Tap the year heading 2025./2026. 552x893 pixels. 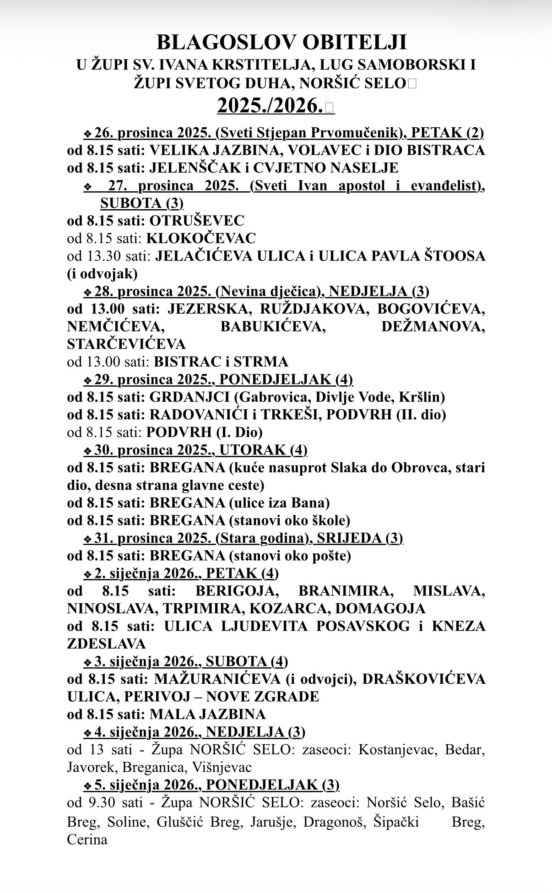pos(271,106)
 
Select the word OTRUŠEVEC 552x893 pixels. pos(197,221)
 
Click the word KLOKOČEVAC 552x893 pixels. pos(201,238)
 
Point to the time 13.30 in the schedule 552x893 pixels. pos(102,256)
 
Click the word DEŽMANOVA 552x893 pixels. pos(433,327)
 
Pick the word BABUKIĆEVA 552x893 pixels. pos(273,327)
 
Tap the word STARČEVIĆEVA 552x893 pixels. pos(126,344)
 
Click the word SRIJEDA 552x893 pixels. pos(349,538)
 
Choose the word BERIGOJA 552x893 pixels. pos(237,591)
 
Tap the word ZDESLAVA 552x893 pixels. pos(106,644)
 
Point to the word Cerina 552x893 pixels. pos(87,840)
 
